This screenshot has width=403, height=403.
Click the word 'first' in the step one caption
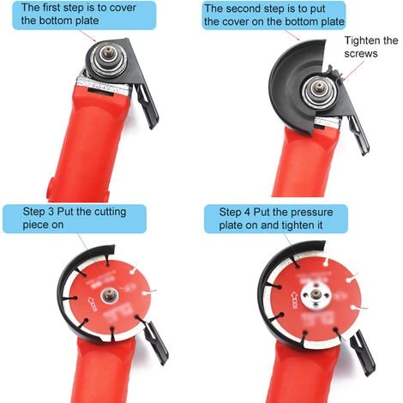(x=52, y=8)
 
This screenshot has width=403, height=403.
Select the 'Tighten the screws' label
(x=370, y=47)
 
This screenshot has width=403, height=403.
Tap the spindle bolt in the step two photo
(x=317, y=87)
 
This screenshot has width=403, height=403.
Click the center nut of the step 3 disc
(x=109, y=294)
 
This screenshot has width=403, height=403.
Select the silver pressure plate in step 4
(x=316, y=295)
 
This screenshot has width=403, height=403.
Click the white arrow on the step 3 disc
(x=93, y=304)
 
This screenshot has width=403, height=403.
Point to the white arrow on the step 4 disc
(x=294, y=300)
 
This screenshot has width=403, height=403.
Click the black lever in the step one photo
(x=147, y=105)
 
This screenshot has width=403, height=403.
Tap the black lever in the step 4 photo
(x=362, y=352)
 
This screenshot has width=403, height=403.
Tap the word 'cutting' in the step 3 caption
(x=110, y=212)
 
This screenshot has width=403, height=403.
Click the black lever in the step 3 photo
(x=157, y=343)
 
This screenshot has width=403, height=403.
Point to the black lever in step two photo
(x=358, y=135)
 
